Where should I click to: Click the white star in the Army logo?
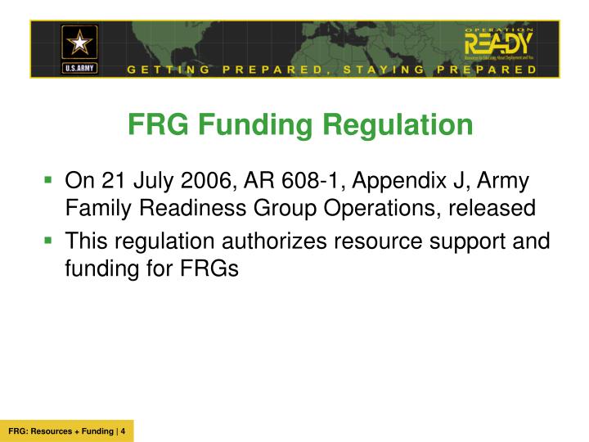(x=79, y=42)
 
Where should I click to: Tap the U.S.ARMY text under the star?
(x=79, y=67)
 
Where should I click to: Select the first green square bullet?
(x=49, y=178)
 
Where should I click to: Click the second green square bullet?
(x=49, y=239)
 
